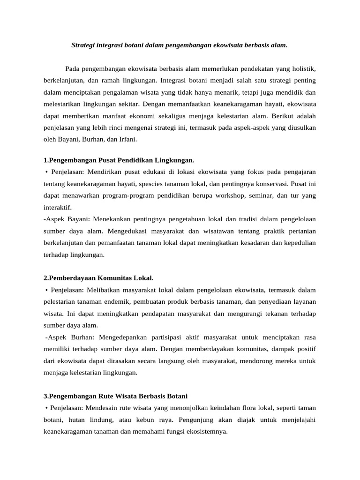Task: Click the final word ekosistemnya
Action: (x=204, y=432)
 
